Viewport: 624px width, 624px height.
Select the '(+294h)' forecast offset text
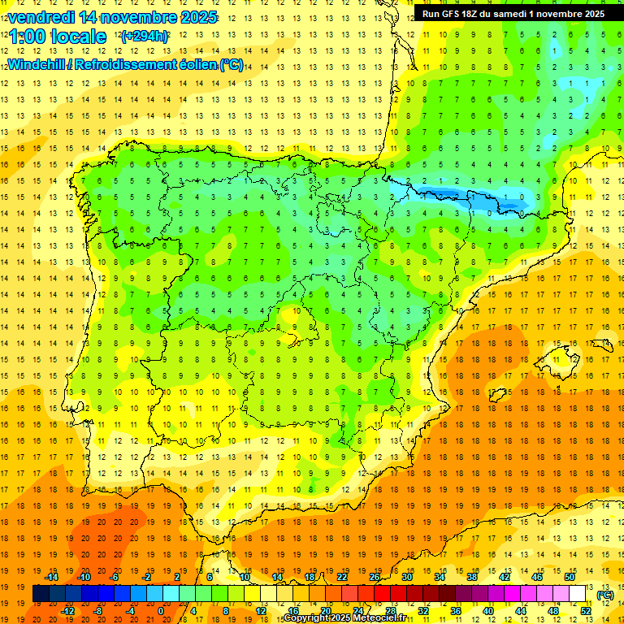(x=145, y=37)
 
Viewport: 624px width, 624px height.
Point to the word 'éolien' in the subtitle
(x=195, y=65)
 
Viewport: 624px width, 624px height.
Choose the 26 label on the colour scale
(x=375, y=577)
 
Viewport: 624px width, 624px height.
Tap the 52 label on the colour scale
(x=586, y=611)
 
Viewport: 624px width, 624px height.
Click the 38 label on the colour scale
(x=472, y=577)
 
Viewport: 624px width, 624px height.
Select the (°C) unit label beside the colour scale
(x=605, y=595)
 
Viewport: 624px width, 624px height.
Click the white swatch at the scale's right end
(x=578, y=594)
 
